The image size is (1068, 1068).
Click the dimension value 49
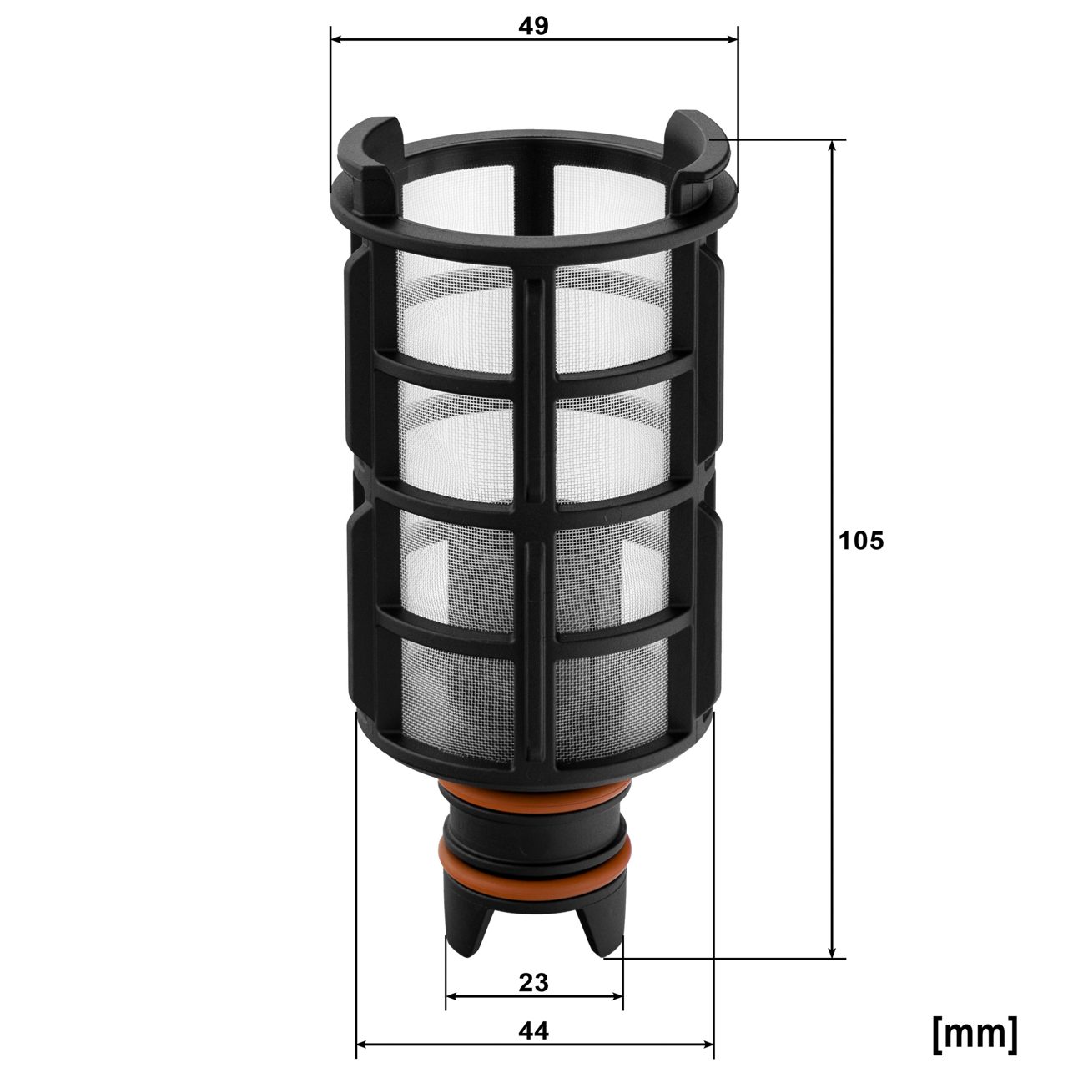tap(534, 26)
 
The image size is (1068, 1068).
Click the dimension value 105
tap(860, 541)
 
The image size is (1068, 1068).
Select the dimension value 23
tap(534, 982)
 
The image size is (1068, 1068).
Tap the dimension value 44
tap(534, 1031)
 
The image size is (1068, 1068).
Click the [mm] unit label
tap(975, 1033)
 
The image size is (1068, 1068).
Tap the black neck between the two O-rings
tap(534, 834)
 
